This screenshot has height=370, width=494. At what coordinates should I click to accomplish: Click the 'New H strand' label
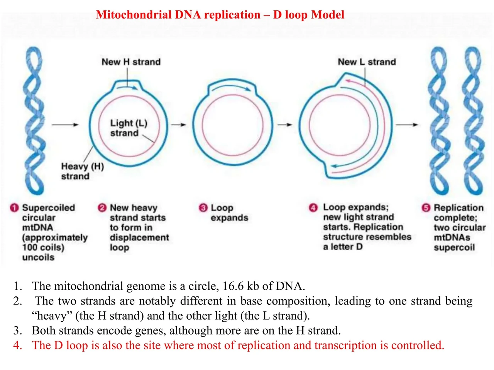[x=131, y=62]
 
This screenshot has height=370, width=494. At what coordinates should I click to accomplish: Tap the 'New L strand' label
[x=367, y=62]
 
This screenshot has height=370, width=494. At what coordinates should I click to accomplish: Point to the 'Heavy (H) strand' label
[x=83, y=171]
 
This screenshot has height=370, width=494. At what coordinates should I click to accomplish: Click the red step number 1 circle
[x=14, y=208]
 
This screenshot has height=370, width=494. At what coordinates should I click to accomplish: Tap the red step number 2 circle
[x=102, y=208]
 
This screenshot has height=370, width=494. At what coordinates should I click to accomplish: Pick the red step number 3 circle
[x=203, y=208]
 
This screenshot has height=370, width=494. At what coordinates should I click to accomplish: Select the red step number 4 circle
[x=313, y=208]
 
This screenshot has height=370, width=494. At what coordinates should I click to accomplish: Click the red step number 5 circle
[x=426, y=208]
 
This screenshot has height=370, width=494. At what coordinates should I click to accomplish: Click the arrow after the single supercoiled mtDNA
[x=65, y=124]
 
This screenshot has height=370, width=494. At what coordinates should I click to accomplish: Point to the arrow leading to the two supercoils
[x=407, y=124]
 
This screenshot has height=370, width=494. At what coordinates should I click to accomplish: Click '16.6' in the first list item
[x=233, y=286]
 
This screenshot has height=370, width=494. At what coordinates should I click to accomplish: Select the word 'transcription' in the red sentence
[x=345, y=345]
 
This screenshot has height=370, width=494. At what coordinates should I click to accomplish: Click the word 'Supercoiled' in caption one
[x=48, y=208]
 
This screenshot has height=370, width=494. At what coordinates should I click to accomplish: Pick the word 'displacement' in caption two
[x=139, y=238]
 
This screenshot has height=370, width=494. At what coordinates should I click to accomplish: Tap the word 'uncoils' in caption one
[x=38, y=257]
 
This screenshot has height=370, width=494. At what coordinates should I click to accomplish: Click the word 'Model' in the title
[x=328, y=15]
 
